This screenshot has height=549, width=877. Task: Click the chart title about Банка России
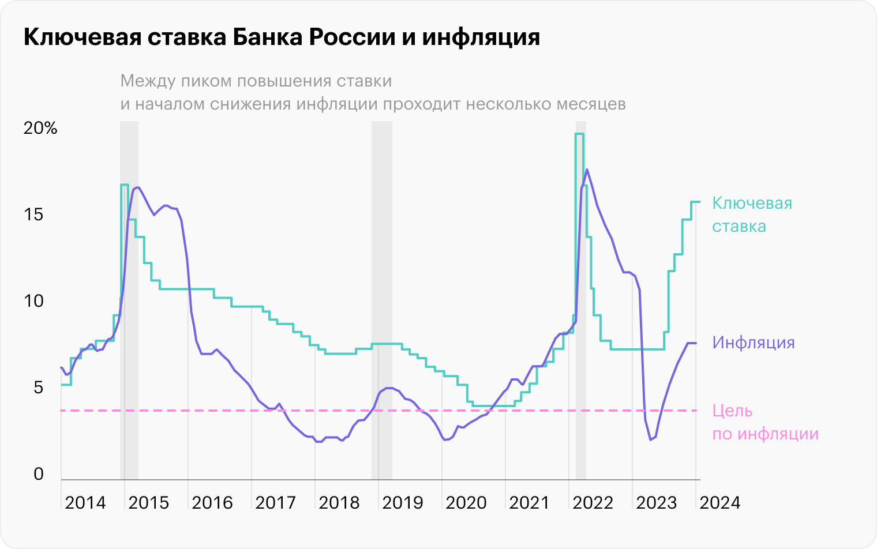point(282,37)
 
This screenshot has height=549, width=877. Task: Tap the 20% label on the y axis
point(40,128)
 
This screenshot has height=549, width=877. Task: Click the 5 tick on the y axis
point(38,388)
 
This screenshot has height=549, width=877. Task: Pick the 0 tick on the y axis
point(38,474)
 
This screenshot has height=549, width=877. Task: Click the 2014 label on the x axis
point(85,503)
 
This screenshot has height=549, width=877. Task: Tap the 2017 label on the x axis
point(276,503)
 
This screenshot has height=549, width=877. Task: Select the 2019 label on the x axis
point(403,503)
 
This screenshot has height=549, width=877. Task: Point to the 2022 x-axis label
point(593,503)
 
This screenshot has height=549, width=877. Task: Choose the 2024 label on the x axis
point(720,503)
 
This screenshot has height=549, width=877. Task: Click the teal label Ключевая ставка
point(752,215)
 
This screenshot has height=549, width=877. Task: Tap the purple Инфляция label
point(754,343)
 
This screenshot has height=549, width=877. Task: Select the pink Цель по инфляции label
point(765,422)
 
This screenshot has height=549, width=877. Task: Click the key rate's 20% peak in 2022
point(579,134)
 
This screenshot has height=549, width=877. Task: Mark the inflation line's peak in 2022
point(587,170)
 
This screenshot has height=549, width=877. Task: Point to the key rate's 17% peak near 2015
point(124,185)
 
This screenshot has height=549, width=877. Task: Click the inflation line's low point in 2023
point(650,439)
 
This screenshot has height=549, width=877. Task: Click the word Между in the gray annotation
point(147,81)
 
